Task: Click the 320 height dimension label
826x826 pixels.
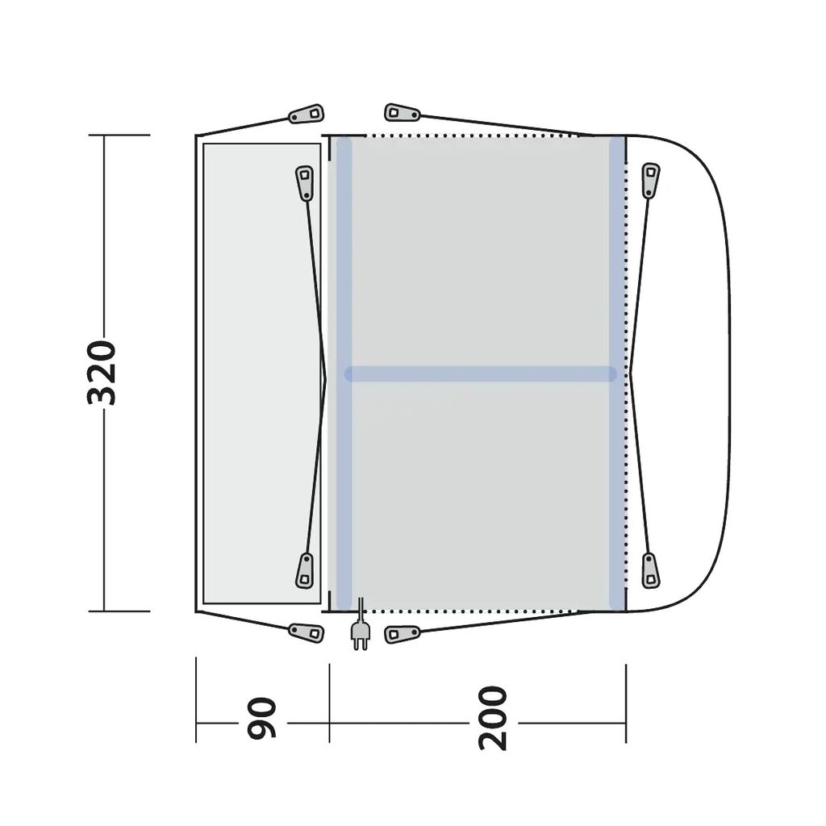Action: (x=101, y=373)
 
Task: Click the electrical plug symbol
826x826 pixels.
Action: (x=360, y=630)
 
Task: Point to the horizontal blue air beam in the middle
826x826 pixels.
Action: (x=481, y=374)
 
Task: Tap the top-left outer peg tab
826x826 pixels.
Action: (x=307, y=113)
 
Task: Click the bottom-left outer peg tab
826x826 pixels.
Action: (x=307, y=632)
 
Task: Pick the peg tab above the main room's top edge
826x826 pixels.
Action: (x=402, y=113)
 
